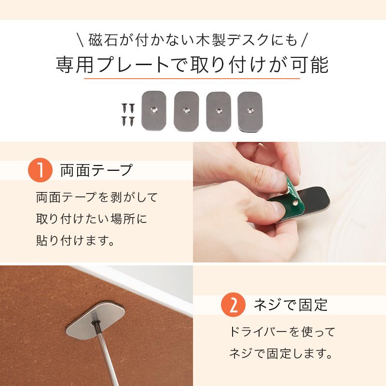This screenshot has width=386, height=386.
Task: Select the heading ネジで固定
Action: (290, 305)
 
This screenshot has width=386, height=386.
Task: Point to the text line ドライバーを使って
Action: (282, 332)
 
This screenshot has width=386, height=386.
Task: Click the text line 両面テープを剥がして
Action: (96, 197)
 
